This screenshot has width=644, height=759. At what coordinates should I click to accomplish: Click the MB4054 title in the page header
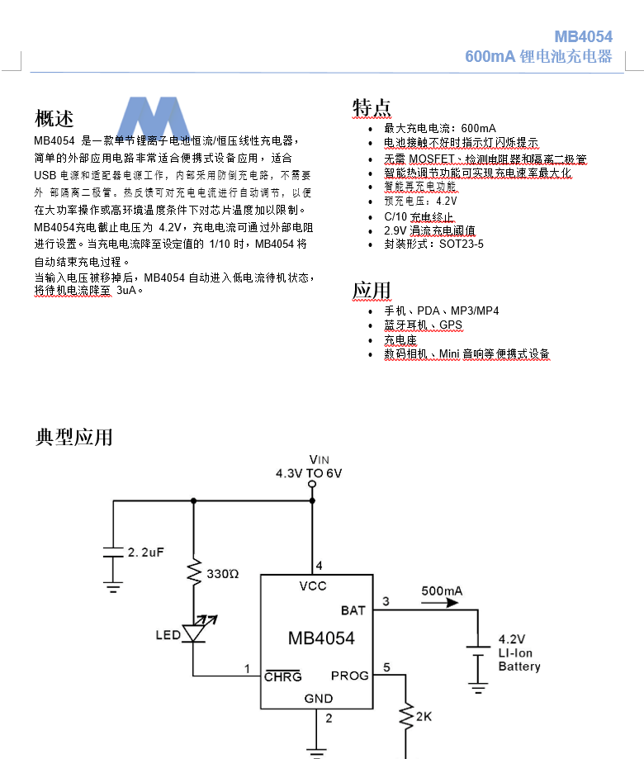click(583, 37)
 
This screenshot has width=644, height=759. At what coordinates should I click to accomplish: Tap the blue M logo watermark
click(154, 117)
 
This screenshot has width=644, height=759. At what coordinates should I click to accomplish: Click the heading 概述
click(54, 119)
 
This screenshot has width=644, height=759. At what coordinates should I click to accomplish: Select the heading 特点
click(372, 107)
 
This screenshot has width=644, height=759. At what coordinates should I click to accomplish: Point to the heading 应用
click(372, 291)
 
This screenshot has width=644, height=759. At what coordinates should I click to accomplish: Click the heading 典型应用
click(73, 437)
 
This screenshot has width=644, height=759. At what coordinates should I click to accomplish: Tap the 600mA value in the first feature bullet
click(479, 128)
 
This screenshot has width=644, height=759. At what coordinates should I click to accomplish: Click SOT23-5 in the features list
click(461, 244)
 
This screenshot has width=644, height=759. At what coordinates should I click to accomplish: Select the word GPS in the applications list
click(451, 325)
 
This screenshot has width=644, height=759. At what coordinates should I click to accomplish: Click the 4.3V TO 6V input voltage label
click(309, 473)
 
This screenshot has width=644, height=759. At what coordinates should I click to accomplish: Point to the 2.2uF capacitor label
click(145, 553)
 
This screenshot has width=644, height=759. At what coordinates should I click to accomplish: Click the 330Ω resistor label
click(223, 574)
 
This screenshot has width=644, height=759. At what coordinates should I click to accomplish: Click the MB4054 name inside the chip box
click(321, 638)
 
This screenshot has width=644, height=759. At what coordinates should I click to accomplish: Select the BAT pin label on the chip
click(353, 611)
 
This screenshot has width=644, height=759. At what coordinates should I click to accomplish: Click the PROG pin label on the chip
click(350, 676)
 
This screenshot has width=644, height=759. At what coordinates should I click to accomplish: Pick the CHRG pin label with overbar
click(283, 676)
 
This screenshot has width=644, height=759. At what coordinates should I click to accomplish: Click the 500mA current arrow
click(439, 603)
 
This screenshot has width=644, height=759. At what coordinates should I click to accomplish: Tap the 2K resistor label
click(424, 717)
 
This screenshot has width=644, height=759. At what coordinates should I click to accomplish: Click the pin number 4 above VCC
click(320, 566)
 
